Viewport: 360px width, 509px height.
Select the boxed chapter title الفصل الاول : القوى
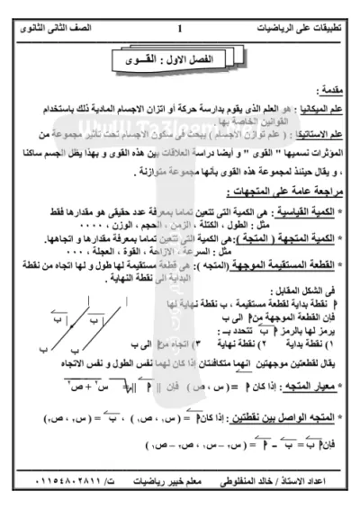[180, 60]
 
